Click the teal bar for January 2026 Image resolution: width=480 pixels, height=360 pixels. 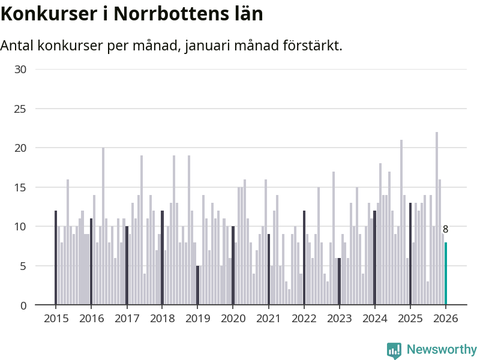coord(446,274)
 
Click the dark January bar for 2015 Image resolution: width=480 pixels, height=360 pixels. coord(56,258)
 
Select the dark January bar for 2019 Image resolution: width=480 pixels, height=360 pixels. coord(197,286)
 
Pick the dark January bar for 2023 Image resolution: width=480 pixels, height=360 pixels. coord(339,281)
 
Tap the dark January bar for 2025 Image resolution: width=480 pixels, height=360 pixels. coord(410,254)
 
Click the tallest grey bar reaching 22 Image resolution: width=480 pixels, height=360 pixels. coord(437,219)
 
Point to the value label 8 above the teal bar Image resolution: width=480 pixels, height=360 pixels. coord(446,229)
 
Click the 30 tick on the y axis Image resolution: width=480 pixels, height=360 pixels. coord(20,69)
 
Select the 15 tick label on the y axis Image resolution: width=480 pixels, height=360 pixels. coord(20,187)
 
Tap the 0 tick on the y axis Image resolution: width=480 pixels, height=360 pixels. coord(23,305)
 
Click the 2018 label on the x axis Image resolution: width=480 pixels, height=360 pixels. coord(161,319)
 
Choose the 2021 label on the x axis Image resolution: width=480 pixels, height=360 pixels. coord(268,319)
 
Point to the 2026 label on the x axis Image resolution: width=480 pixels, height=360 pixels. coord(446,319)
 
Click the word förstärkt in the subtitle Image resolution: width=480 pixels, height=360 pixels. coord(311,46)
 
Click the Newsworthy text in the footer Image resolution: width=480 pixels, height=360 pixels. coord(441,350)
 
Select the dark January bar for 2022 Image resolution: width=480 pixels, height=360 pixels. coord(304,258)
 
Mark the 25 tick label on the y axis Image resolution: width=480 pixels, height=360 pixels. coord(20,109)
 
